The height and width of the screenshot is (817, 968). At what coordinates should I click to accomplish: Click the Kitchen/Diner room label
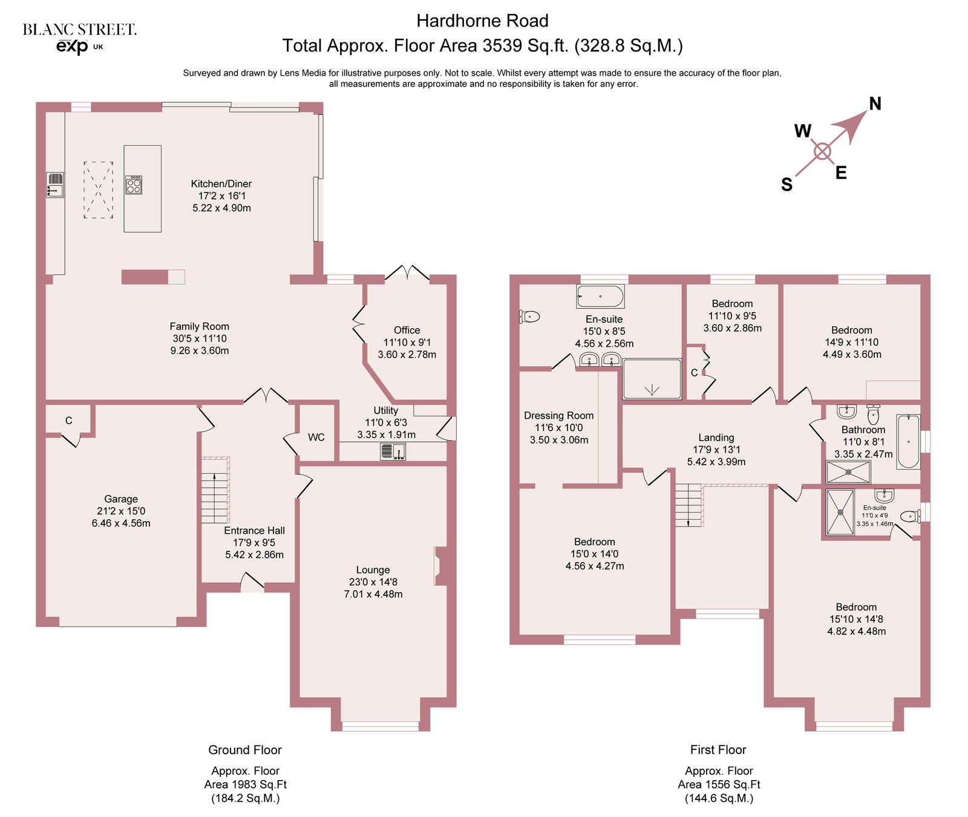[x=221, y=184]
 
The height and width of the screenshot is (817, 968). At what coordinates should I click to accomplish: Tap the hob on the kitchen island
[x=134, y=185]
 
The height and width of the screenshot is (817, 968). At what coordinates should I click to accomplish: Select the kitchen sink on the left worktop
[x=55, y=185]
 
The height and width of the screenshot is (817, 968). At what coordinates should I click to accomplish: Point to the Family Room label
[x=199, y=326]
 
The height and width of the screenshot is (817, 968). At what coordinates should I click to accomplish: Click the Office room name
[x=407, y=330]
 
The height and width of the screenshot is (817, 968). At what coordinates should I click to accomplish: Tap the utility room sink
[x=393, y=451]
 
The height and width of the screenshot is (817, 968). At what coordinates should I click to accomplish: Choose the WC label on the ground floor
[x=316, y=437]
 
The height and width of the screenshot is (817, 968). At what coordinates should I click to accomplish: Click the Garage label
[x=121, y=499]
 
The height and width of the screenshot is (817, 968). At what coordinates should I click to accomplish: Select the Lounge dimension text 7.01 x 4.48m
[x=373, y=594]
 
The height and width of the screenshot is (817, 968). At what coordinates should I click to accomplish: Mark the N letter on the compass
[x=875, y=103]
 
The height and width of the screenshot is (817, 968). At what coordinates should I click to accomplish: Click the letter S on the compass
[x=786, y=185]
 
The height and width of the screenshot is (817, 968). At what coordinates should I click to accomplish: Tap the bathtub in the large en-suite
[x=600, y=297]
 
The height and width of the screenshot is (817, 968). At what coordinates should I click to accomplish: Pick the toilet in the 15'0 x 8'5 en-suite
[x=529, y=316]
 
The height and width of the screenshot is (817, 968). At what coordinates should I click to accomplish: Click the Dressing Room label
[x=558, y=416]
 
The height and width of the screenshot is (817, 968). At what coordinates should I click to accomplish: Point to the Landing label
[x=716, y=438]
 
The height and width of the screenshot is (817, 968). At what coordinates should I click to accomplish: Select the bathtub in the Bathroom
[x=908, y=441]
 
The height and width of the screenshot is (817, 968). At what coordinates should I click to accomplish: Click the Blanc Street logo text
[x=80, y=29]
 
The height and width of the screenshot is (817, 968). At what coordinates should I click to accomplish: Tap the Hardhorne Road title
[x=483, y=21]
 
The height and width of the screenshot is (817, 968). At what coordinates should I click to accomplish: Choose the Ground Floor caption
[x=245, y=750]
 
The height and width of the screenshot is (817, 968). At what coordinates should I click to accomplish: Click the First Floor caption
[x=718, y=750]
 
